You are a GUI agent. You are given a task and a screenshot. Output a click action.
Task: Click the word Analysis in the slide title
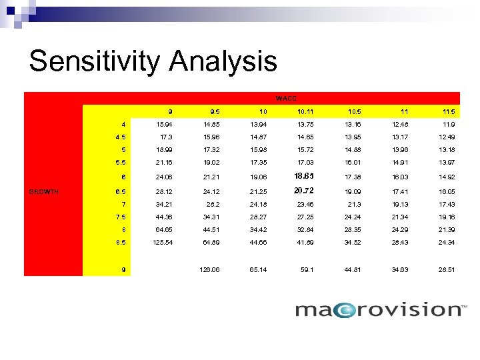(223, 61)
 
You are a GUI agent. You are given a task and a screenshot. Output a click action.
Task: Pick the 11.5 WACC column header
(447, 111)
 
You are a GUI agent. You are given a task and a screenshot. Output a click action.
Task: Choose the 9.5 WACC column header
(212, 111)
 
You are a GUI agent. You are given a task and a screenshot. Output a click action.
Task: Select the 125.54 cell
(161, 242)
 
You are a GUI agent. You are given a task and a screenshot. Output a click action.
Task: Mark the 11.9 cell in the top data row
(448, 124)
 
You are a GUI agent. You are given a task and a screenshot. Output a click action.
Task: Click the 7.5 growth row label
(121, 217)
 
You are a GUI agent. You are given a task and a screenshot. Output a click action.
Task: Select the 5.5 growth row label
(121, 163)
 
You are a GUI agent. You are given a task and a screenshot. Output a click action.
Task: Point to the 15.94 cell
(163, 124)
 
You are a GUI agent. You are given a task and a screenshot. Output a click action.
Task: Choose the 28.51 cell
(447, 270)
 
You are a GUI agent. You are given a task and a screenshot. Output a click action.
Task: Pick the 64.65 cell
(163, 229)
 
